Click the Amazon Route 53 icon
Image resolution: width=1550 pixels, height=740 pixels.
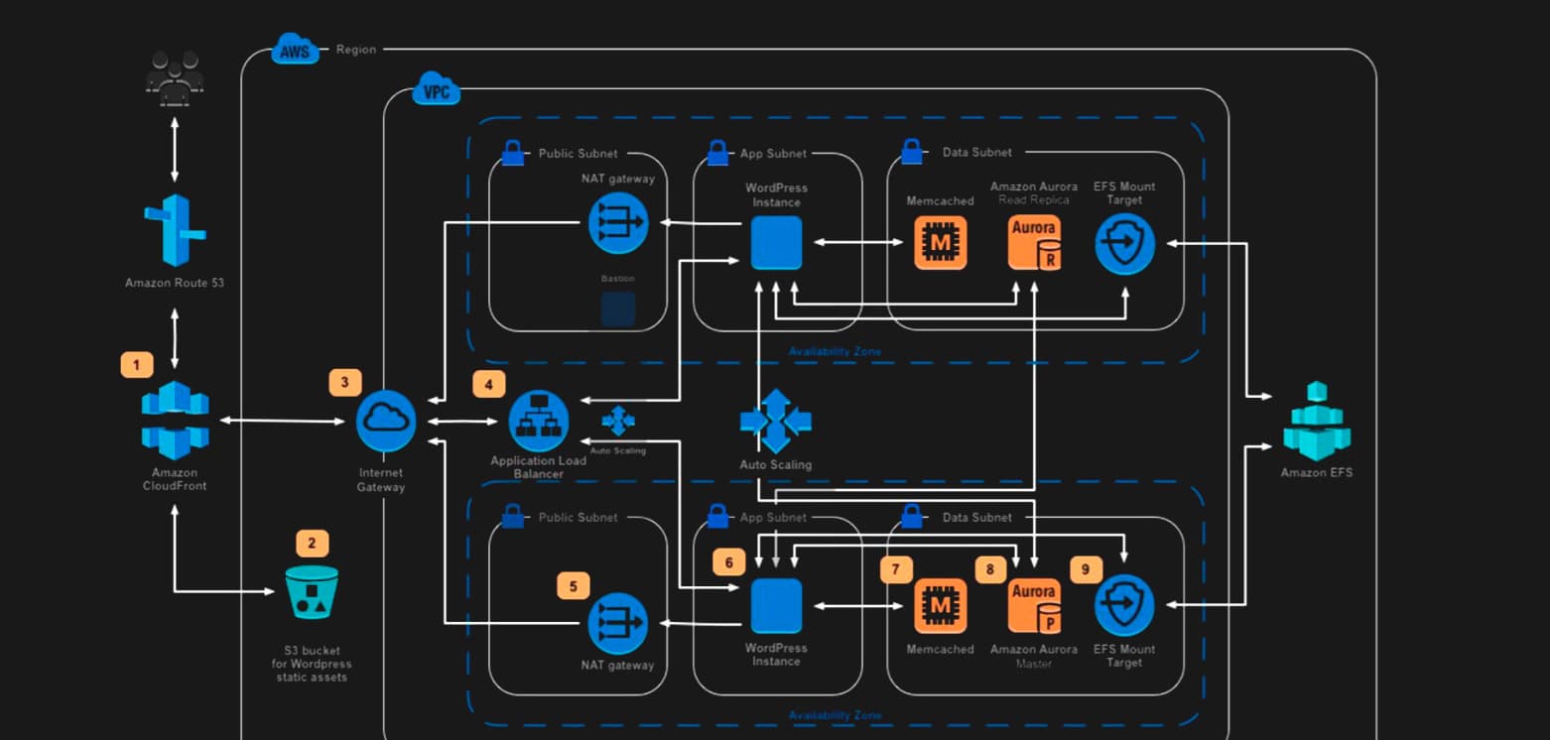[x=175, y=230]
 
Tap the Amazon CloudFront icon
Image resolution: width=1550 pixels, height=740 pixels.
[x=175, y=421]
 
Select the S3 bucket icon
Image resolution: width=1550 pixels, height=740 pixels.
[x=312, y=592]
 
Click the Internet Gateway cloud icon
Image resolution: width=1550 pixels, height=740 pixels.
[x=386, y=421]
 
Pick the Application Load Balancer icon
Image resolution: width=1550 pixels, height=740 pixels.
[x=539, y=421]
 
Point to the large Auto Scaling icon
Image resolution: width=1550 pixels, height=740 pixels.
[x=775, y=421]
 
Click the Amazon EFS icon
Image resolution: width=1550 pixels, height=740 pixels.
[x=1317, y=421]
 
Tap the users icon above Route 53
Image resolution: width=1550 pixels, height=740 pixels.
[x=175, y=78]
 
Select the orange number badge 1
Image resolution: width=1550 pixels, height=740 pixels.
[x=137, y=364]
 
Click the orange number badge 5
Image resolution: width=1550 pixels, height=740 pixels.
[x=573, y=586]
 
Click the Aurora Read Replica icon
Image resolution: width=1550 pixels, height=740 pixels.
[x=1034, y=242]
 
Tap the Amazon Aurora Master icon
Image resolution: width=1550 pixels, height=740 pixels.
[x=1034, y=606]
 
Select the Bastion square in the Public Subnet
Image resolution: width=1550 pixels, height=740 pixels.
[x=617, y=308]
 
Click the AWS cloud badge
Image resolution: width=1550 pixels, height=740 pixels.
[x=295, y=51]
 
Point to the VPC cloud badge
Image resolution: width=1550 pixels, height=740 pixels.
[x=436, y=90]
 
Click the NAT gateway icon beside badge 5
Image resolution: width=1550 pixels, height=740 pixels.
[x=617, y=623]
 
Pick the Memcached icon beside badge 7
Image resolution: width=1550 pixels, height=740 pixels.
[x=940, y=606]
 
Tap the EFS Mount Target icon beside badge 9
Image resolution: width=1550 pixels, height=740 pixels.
[x=1124, y=606]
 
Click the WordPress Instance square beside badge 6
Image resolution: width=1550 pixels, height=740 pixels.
[x=776, y=606]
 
